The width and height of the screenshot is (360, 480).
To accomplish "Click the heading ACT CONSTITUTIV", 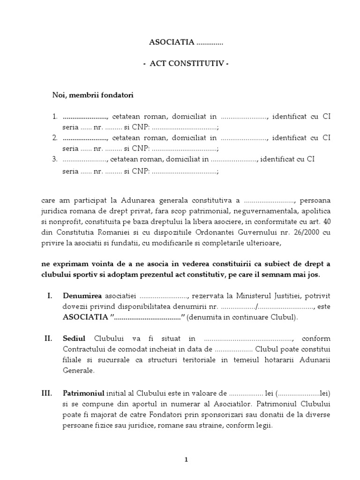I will pos(186,64).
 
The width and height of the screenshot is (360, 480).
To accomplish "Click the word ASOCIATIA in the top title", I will pos(171,42).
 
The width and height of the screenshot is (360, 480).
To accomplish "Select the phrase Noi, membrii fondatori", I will pos(92,95).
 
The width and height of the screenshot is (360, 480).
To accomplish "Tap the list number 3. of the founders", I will pos(55,159).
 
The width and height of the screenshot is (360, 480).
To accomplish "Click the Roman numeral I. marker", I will pos(50,296).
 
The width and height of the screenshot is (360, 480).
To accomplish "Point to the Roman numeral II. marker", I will pos(49,338).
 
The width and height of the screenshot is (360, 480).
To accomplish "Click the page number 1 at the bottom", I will pos(186,460).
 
